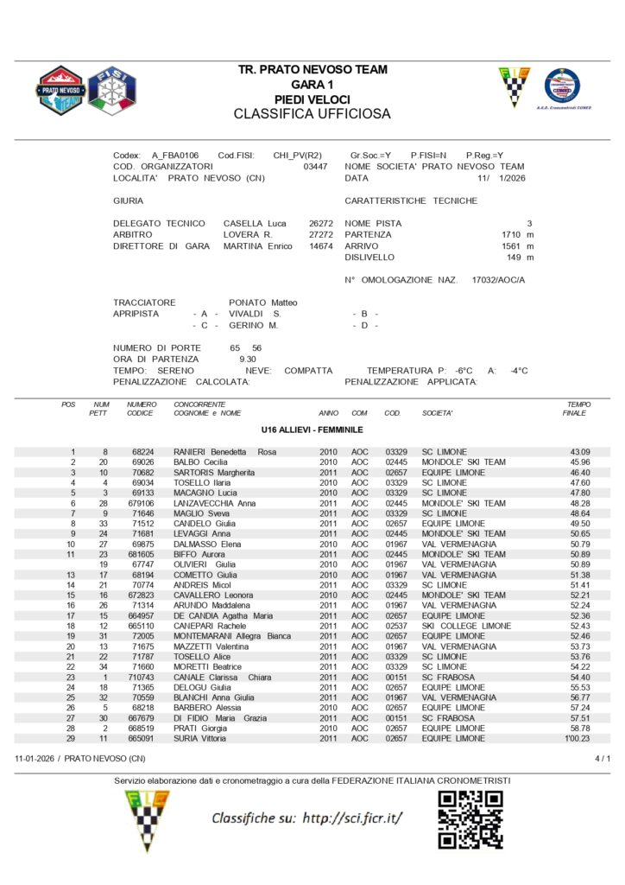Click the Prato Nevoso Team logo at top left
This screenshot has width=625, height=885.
[60, 90]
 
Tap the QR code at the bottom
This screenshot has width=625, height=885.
[470, 818]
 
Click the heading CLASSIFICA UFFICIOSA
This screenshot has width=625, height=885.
[312, 114]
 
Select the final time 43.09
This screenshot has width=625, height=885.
[579, 452]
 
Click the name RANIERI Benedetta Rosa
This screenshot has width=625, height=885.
[224, 452]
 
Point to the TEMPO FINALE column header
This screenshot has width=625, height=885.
[578, 409]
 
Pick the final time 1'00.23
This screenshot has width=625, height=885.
[577, 739]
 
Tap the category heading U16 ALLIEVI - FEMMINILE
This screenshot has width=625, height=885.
[312, 430]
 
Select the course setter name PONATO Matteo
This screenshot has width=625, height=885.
[263, 302]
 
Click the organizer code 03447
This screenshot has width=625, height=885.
[316, 167]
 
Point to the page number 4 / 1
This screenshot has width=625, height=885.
[603, 759]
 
